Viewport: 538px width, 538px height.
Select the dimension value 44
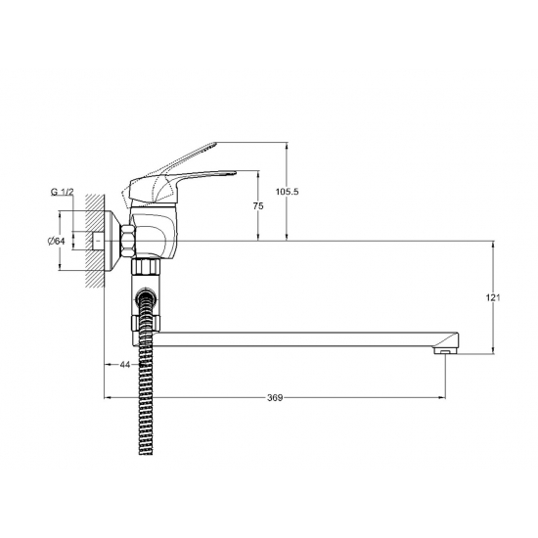(x=124, y=365)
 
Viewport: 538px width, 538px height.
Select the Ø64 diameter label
(x=56, y=241)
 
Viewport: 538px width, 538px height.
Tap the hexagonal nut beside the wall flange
(x=128, y=241)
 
